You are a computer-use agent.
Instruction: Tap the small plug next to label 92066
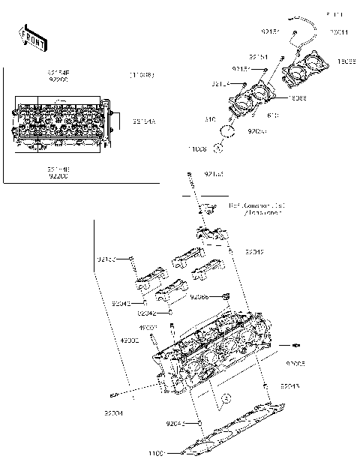223,296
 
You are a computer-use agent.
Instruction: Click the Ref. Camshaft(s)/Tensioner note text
255,209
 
